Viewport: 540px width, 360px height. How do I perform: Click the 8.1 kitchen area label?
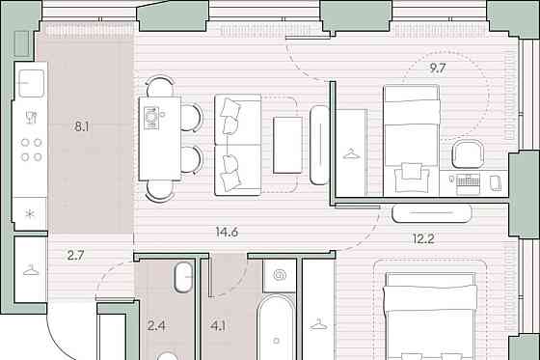tap(82, 126)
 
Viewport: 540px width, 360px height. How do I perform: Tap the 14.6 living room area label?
tap(227, 232)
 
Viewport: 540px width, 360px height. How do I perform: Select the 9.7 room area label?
tap(438, 69)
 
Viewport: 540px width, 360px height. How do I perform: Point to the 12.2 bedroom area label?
tap(423, 238)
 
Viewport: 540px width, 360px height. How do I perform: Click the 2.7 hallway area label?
tap(75, 256)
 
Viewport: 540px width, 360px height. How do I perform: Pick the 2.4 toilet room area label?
tap(156, 326)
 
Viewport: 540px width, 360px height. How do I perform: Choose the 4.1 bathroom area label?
tap(218, 326)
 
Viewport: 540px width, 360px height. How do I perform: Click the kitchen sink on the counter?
tap(31, 83)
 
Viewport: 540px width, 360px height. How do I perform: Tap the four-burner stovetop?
tap(31, 150)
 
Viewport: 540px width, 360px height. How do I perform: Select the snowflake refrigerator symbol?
tap(30, 214)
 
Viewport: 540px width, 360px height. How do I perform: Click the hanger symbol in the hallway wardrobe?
tap(31, 269)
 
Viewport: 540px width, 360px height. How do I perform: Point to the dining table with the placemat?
tap(160, 139)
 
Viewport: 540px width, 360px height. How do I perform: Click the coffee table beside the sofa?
tap(287, 145)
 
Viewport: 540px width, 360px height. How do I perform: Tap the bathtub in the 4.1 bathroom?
tap(276, 327)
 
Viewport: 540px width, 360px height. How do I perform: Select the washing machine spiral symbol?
tap(280, 275)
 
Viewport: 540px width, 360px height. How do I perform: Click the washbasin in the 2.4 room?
tap(183, 278)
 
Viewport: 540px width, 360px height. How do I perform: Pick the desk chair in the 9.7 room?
tap(468, 153)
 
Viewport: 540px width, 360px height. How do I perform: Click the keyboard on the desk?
tap(468, 180)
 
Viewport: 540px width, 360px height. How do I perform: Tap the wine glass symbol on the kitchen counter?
tap(31, 117)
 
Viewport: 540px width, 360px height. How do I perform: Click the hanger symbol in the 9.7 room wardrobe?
tap(351, 153)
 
